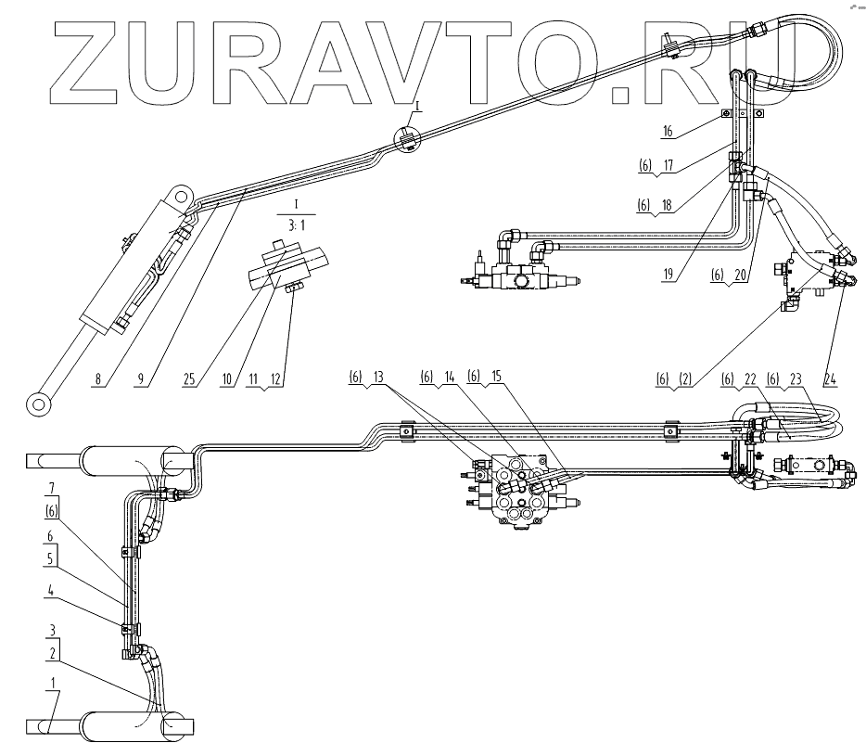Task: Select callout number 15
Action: (x=497, y=378)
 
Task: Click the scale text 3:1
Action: (x=294, y=222)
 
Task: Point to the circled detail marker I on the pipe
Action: (x=406, y=136)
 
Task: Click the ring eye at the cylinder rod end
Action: (x=38, y=403)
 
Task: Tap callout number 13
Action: (x=377, y=378)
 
